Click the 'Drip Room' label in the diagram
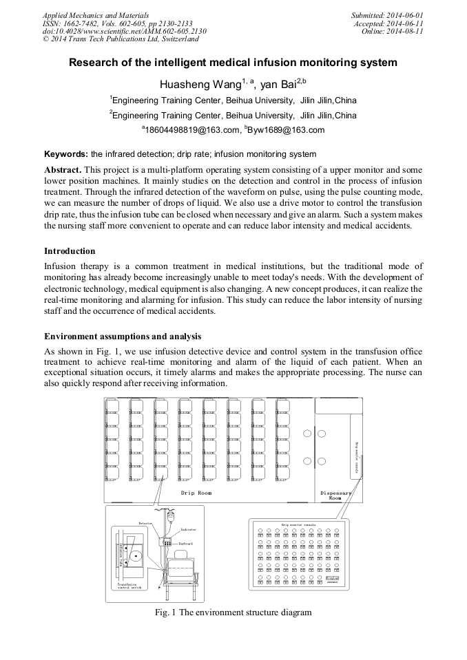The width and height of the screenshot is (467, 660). [196, 493]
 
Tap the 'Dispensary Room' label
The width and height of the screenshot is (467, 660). [335, 495]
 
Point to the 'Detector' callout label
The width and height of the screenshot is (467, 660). [145, 523]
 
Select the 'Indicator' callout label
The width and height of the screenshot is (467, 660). [188, 529]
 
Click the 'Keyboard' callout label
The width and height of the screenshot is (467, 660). [186, 544]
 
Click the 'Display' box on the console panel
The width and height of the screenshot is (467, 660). [332, 579]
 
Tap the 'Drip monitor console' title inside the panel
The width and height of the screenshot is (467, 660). [298, 524]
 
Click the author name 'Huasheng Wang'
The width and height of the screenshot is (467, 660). [200, 85]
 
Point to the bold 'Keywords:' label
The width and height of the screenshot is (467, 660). [66, 154]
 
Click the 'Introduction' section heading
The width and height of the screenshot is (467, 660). [70, 251]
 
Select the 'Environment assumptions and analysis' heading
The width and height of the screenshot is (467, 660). [123, 337]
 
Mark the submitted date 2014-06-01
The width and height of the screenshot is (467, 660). [402, 14]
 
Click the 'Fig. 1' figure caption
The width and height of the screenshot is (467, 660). [233, 612]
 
